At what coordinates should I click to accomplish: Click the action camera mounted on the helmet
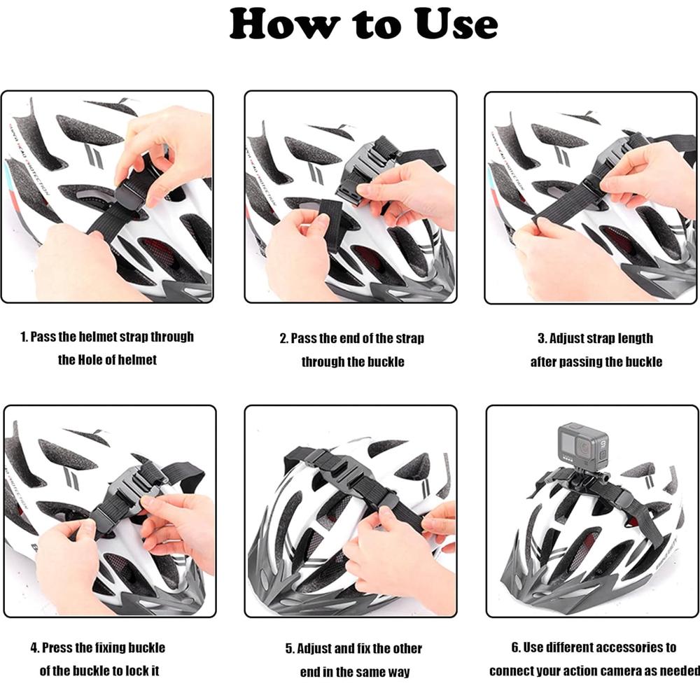583,443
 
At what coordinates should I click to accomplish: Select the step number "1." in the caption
24,337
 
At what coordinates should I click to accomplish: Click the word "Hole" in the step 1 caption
97,360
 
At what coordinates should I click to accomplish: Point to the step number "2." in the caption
285,339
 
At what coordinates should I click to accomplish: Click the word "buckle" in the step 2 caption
386,362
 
